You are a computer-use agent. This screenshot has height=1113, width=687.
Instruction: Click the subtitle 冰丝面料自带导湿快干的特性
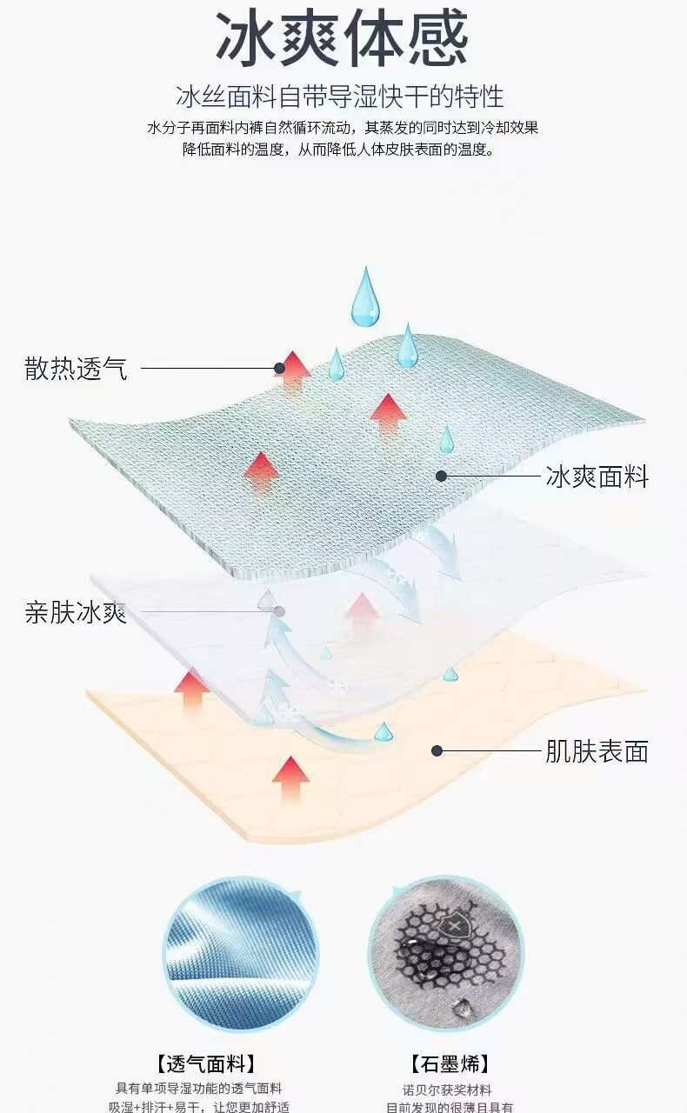pos(342,96)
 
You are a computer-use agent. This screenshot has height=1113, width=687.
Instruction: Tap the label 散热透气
pos(76,369)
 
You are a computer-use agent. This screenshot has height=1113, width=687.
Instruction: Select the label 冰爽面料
pos(597,477)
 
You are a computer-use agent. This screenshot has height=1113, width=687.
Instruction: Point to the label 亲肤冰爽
pos(76,612)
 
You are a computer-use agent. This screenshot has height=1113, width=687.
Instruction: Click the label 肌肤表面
pos(597,751)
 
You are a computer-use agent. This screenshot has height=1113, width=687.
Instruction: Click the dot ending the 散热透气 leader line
pos(280,369)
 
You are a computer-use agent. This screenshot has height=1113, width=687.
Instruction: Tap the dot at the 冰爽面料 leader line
pos(442,477)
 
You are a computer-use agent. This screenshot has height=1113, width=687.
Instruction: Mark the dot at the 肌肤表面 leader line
pos(437,751)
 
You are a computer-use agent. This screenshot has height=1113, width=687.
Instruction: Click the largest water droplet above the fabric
pos(364,297)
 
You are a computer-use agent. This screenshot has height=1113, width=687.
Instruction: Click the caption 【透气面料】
pos(206,1063)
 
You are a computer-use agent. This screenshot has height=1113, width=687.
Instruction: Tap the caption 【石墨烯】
pos(450,1063)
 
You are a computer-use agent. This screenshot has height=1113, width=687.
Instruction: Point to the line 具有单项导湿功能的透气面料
pos(200,1089)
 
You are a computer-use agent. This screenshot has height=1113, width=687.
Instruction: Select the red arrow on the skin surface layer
pos(290,776)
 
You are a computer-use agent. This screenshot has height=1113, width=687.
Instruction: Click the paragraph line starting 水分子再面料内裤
pos(342,128)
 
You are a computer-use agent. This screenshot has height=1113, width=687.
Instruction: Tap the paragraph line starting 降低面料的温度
pos(342,150)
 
